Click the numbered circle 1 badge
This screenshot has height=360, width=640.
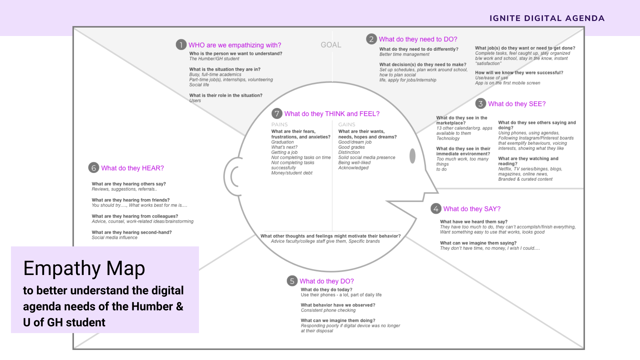pos(181,45)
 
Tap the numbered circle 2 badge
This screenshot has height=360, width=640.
pos(371,39)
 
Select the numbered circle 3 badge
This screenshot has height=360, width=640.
pos(480,104)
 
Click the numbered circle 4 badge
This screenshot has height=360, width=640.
pos(436,209)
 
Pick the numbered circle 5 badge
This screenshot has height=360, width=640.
pos(292,281)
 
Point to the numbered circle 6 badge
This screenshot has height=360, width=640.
pos(94,168)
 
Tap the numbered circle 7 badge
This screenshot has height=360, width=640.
pos(277,114)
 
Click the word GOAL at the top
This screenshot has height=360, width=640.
pos(331,45)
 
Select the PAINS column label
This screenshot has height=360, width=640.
pos(279,124)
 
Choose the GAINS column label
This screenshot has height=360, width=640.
pos(347,124)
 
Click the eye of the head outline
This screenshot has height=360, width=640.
pos(412,156)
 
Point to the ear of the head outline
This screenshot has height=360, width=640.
pos(233,177)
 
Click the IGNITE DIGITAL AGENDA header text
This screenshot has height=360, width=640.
pos(547,18)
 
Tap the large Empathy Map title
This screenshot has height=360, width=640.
pos(84,268)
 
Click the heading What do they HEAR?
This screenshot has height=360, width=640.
pos(132,168)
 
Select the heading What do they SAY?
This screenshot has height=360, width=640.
pos(472,209)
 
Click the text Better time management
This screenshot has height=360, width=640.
pos(404,54)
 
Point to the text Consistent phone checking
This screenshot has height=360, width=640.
pos(328,310)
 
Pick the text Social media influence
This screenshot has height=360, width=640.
pos(114,238)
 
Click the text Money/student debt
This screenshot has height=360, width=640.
pos(292,173)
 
